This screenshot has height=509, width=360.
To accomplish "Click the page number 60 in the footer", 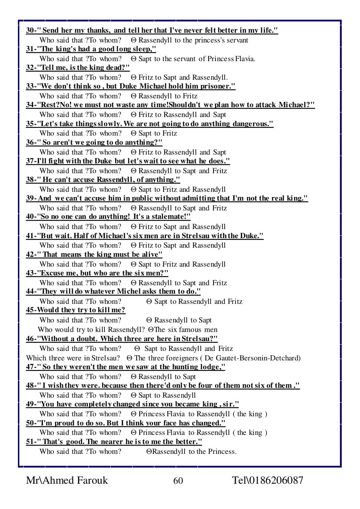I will click(178, 481).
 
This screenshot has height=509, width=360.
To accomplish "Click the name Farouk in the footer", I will click(90, 481).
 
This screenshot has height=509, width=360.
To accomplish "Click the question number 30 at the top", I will click(30, 31).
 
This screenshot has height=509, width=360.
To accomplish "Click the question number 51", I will click(30, 442).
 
